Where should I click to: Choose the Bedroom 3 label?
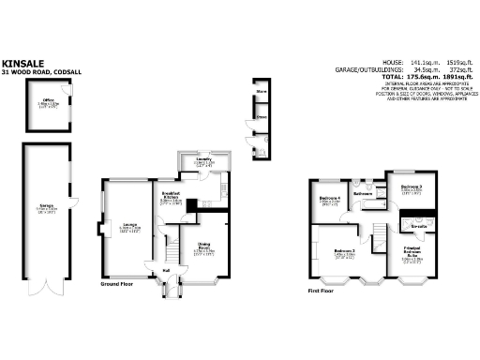point(412,187)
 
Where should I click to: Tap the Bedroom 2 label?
point(343,251)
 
